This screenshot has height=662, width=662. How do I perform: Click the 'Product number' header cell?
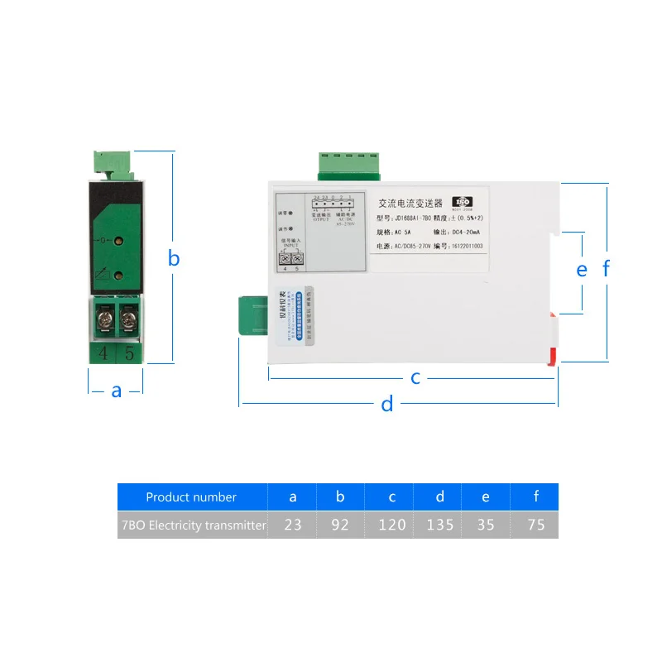(191, 497)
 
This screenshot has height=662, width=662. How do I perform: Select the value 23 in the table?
(293, 525)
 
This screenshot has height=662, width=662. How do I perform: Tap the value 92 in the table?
(340, 525)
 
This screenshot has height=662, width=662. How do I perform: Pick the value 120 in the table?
(391, 525)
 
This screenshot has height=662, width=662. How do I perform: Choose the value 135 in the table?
(440, 525)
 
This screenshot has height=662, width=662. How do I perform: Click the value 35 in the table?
(486, 525)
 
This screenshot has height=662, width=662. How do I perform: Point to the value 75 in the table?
(535, 525)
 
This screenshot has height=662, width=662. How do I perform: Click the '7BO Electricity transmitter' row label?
(192, 525)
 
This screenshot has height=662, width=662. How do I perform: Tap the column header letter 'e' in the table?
(486, 497)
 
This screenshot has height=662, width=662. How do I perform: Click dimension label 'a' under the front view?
(117, 391)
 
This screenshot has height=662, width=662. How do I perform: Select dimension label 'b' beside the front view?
(174, 258)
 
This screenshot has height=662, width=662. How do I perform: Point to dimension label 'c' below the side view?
(416, 378)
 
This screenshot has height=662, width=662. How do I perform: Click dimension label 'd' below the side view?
(386, 405)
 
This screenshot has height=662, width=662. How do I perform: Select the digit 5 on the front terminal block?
(128, 353)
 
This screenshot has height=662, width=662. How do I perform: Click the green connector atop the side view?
(348, 164)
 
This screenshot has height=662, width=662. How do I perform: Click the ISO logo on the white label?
(463, 201)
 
